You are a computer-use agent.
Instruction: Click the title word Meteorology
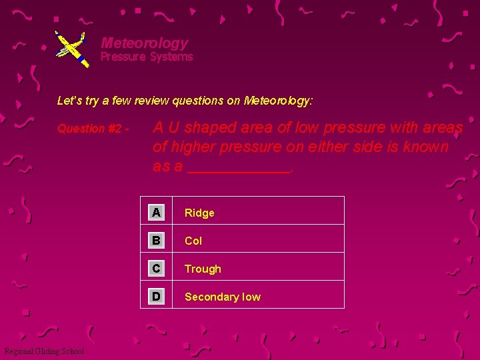point(144,43)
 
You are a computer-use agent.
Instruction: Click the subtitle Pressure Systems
point(147,57)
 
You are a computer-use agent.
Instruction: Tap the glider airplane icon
point(71,48)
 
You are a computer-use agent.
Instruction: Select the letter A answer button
point(156,213)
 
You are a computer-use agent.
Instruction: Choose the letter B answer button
point(156,241)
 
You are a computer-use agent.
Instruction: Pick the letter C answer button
point(156,269)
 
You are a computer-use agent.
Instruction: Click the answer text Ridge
point(199,213)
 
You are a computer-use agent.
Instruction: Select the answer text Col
point(193,241)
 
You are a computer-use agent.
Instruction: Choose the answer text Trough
point(203,269)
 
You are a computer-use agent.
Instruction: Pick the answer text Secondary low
point(223,297)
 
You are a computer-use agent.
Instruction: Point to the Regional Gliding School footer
point(44,351)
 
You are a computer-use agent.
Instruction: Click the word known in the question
point(426,147)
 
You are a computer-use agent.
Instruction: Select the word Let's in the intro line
point(69,101)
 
